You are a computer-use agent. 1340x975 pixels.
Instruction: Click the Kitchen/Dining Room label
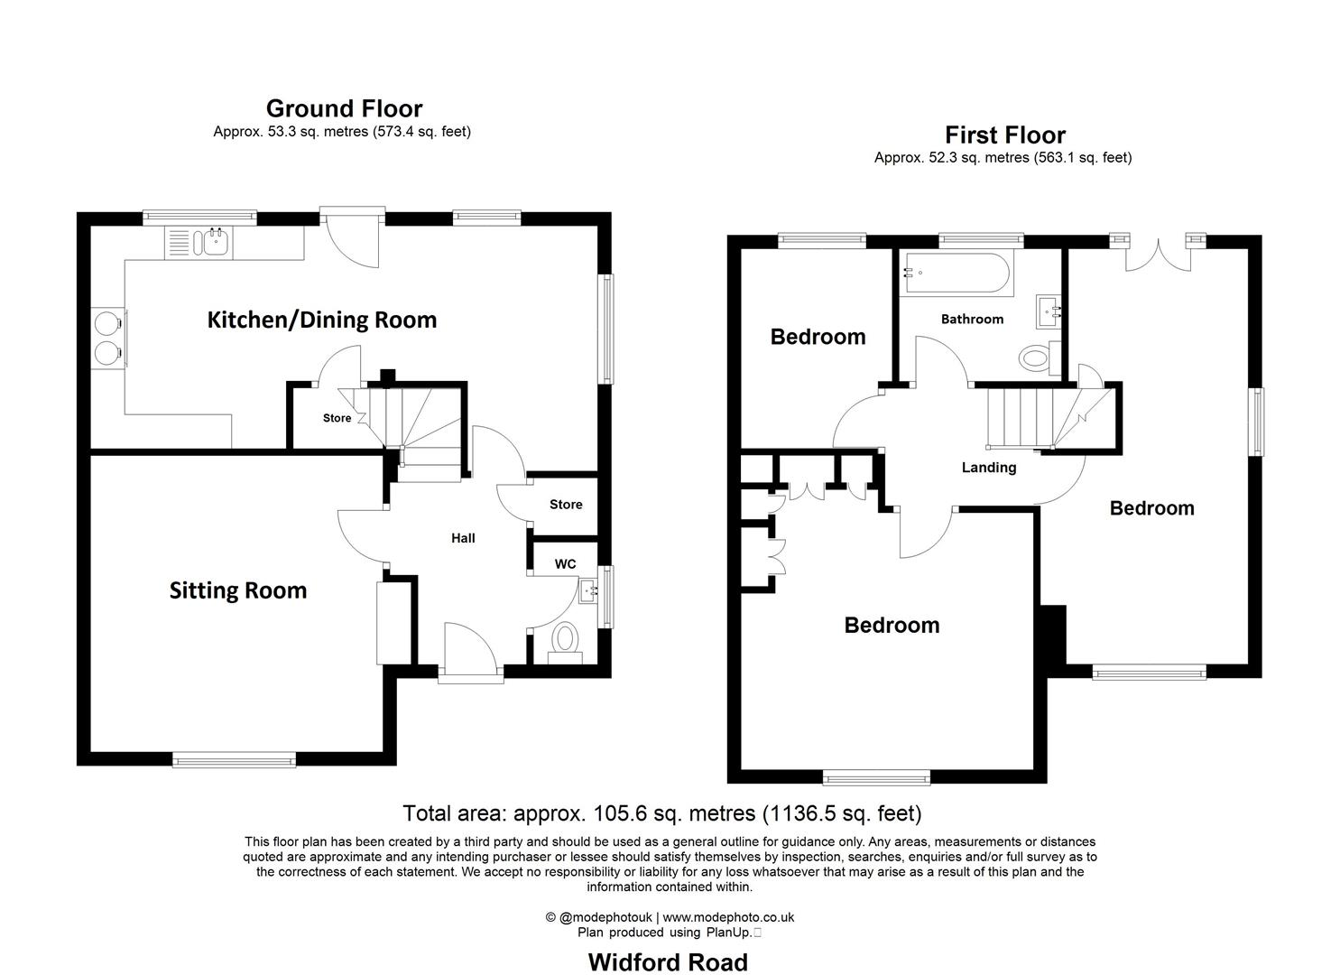pyautogui.click(x=322, y=320)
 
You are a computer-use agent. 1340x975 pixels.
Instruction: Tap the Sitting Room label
pyautogui.click(x=238, y=590)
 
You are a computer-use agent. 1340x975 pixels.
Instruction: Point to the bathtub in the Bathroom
pyautogui.click(x=956, y=274)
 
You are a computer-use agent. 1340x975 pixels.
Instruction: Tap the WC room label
pyautogui.click(x=565, y=564)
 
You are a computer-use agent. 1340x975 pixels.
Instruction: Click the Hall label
pyautogui.click(x=463, y=538)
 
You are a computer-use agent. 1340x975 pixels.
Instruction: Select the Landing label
pyautogui.click(x=989, y=468)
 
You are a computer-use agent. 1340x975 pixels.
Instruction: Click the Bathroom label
pyautogui.click(x=972, y=319)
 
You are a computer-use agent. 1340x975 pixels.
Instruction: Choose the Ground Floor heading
pyautogui.click(x=344, y=108)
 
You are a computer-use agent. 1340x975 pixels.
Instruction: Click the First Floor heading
pyautogui.click(x=1005, y=135)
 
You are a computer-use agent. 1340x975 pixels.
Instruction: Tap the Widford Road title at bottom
pyautogui.click(x=668, y=962)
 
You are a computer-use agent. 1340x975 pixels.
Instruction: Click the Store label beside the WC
pyautogui.click(x=566, y=505)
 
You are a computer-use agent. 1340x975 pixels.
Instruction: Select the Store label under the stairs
pyautogui.click(x=337, y=418)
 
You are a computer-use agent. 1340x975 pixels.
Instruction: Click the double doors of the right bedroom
pyautogui.click(x=1157, y=255)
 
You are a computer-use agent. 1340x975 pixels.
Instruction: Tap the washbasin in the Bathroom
pyautogui.click(x=1049, y=311)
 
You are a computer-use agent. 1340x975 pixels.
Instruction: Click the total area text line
pyautogui.click(x=662, y=813)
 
